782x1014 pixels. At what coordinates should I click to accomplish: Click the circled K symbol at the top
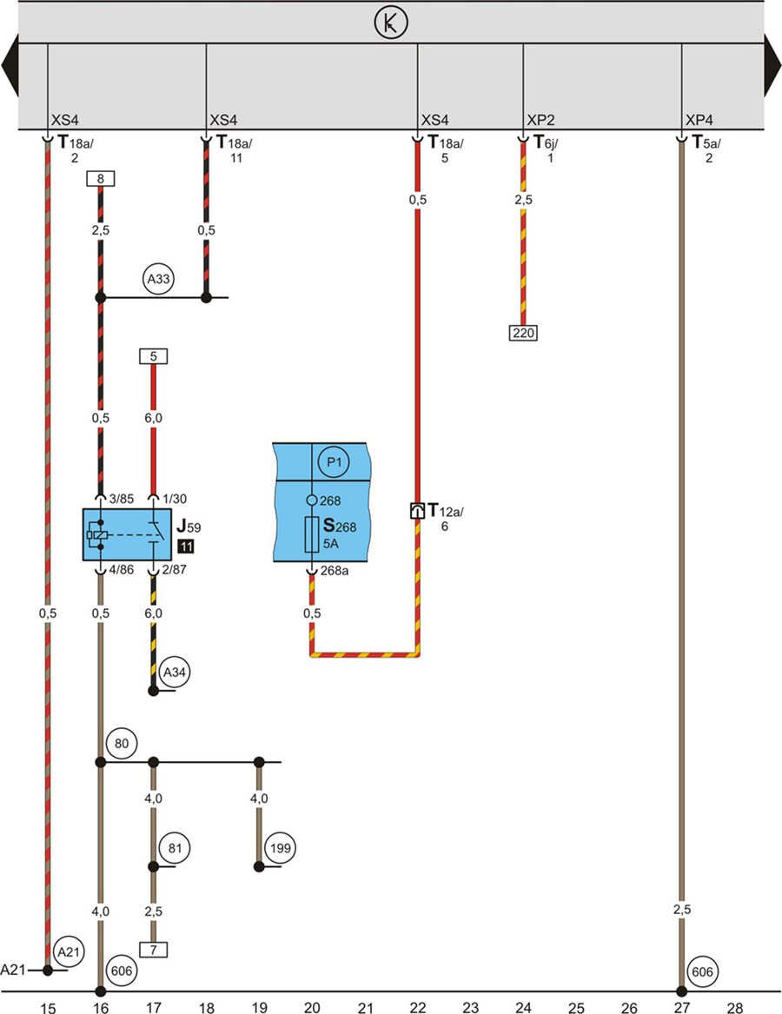pos(391,23)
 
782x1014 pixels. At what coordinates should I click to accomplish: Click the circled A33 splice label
pos(161,280)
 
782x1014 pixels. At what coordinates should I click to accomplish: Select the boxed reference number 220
pos(523,332)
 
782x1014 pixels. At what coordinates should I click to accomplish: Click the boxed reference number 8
pos(101,179)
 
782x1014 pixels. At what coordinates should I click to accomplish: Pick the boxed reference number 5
pos(153,355)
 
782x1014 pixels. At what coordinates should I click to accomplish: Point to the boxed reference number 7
pos(153,950)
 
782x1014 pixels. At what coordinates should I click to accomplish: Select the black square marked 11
pos(185,547)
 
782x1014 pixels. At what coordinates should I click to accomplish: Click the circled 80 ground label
pos(122,744)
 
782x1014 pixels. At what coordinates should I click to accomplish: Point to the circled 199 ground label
pos(280,847)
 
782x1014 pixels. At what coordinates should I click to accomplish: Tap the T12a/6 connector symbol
pos(417,512)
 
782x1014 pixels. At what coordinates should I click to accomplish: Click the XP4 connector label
pos(699,120)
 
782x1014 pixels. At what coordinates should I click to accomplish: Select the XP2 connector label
pos(541,120)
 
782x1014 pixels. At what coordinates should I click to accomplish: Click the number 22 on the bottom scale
pos(418,1008)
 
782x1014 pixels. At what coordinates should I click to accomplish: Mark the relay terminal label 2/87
pos(174,570)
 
